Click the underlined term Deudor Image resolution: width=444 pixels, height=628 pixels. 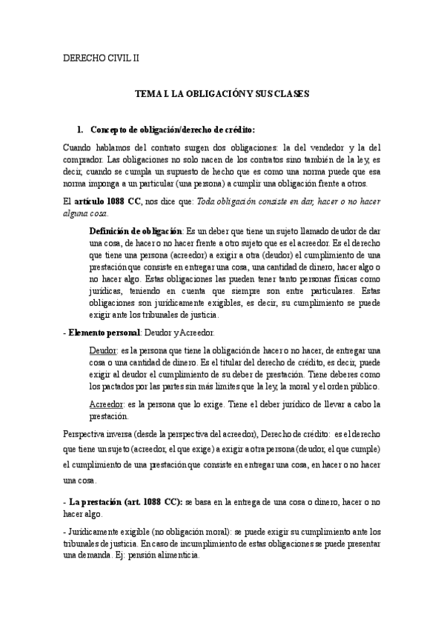(102, 349)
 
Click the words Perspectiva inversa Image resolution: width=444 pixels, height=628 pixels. (95, 434)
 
